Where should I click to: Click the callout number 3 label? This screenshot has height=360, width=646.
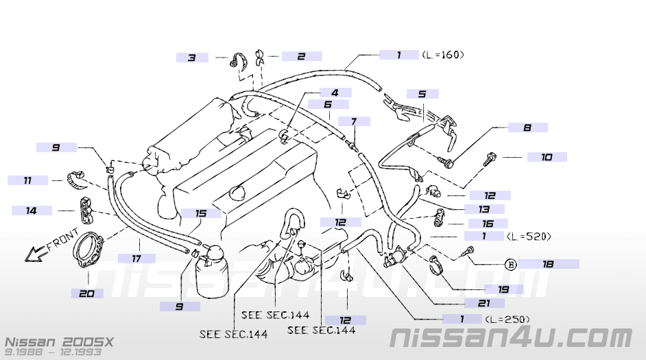pyautogui.click(x=192, y=58)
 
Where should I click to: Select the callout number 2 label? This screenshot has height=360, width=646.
pyautogui.click(x=302, y=56)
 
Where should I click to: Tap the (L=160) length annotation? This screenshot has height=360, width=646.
pyautogui.click(x=443, y=54)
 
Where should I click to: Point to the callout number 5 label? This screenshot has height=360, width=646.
pyautogui.click(x=422, y=94)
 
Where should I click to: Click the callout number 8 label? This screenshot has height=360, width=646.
pyautogui.click(x=528, y=128)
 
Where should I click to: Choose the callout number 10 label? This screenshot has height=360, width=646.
pyautogui.click(x=547, y=157)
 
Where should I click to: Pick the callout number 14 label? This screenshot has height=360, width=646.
pyautogui.click(x=32, y=211)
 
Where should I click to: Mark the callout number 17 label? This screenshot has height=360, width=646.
pyautogui.click(x=136, y=259)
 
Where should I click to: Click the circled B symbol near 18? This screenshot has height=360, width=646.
pyautogui.click(x=511, y=264)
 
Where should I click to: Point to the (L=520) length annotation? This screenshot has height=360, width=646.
pyautogui.click(x=529, y=237)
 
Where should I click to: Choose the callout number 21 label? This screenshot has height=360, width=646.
pyautogui.click(x=484, y=304)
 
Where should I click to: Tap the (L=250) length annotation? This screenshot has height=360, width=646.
pyautogui.click(x=507, y=320)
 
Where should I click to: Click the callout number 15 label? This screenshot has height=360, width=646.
pyautogui.click(x=201, y=213)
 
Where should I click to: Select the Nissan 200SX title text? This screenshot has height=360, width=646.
pyautogui.click(x=59, y=342)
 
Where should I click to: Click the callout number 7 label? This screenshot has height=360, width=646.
pyautogui.click(x=354, y=121)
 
